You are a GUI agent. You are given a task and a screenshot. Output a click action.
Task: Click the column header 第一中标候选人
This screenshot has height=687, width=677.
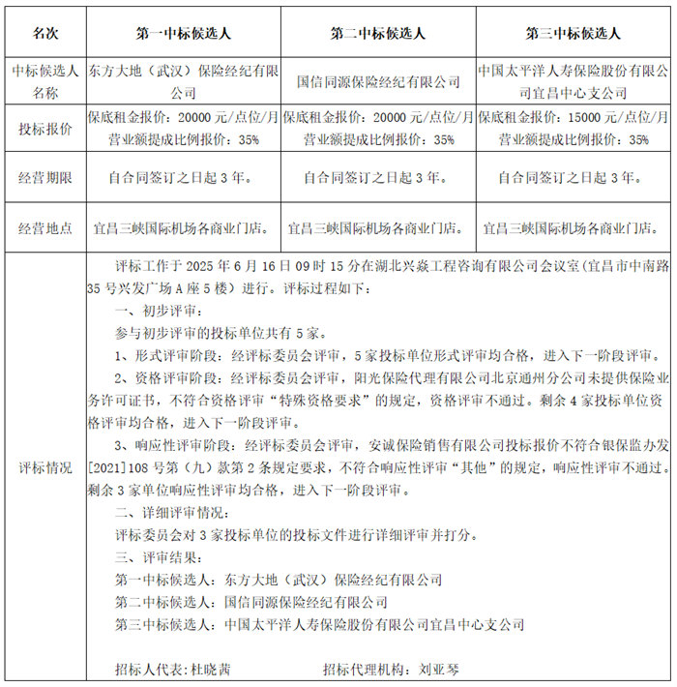[184, 34]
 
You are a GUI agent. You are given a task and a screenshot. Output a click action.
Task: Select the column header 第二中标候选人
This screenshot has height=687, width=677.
[378, 34]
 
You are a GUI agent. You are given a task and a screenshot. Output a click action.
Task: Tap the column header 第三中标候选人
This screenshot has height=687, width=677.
[574, 34]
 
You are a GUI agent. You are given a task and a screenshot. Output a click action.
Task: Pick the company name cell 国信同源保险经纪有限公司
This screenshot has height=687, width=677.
[378, 82]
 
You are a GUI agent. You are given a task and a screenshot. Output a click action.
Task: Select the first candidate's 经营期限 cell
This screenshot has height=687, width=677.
[184, 178]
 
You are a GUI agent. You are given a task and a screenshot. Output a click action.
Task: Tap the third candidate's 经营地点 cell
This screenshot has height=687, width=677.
[574, 229]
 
